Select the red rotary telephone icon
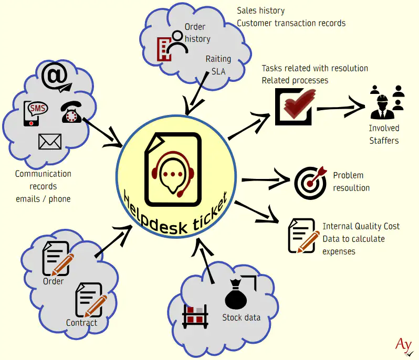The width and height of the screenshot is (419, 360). tap(70, 112)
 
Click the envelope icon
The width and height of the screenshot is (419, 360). tap(50, 141)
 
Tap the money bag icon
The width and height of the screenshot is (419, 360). tap(236, 295)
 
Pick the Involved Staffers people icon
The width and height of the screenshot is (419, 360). tap(386, 101)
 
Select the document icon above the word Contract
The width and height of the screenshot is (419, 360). tap(90, 300)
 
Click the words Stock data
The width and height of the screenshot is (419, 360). tap(241, 317)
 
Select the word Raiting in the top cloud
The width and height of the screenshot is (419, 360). tap(218, 59)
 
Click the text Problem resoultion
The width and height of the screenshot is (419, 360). tap(351, 182)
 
